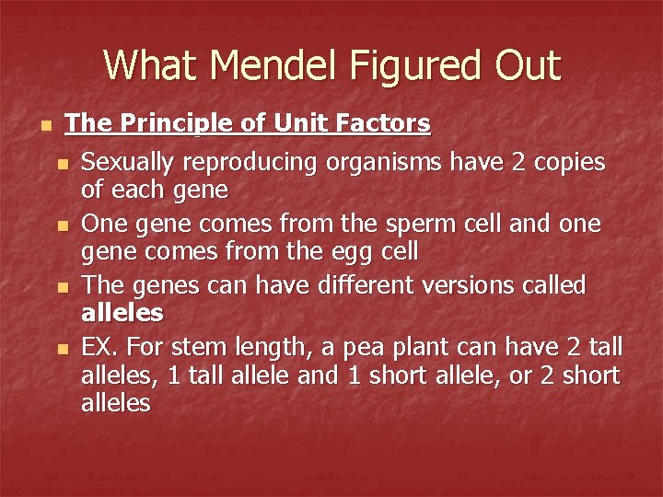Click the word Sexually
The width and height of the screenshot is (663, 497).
pos(125,163)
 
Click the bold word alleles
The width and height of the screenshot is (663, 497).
pos(122,313)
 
